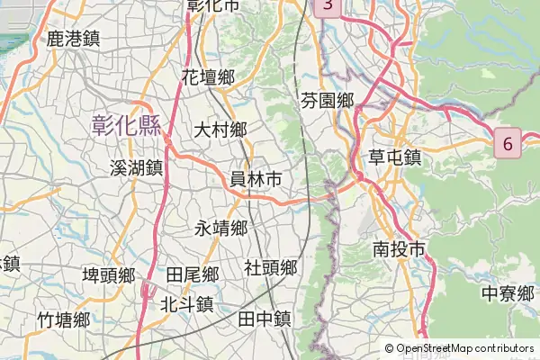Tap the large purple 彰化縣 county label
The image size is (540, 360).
point(125,125)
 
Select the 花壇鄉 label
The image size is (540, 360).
point(208,77)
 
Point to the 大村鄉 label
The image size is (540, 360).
point(220,130)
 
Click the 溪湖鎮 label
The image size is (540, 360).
point(135,167)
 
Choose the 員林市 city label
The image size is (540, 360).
point(256,179)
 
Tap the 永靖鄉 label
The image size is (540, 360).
point(220,228)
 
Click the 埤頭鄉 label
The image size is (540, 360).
point(109,274)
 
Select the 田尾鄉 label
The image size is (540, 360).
point(193,274)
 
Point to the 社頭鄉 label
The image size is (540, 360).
point(271,267)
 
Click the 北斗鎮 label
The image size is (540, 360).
point(185,303)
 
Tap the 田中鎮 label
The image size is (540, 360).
point(264,318)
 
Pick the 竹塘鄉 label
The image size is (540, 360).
point(63,319)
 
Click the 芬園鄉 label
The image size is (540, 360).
point(327,100)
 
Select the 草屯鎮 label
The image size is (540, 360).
point(395,157)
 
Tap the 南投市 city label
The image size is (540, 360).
point(399,249)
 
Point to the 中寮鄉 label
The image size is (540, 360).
point(508,293)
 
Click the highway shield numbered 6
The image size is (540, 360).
point(508,143)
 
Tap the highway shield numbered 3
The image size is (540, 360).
point(328,6)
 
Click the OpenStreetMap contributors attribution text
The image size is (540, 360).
point(465,348)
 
